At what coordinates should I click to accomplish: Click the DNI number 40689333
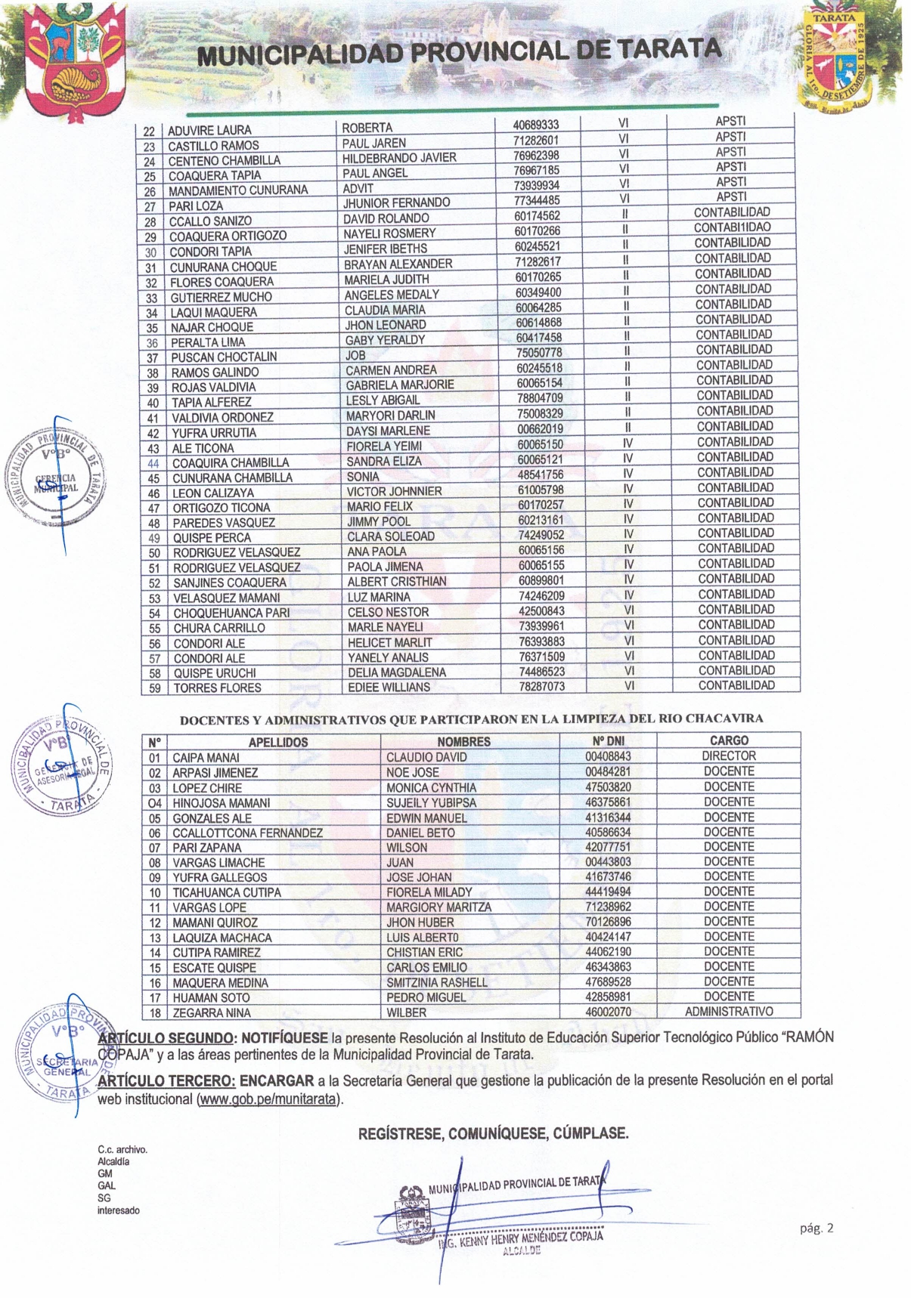(536, 125)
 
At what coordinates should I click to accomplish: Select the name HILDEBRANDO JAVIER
(399, 158)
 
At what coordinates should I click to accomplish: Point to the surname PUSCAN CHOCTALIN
(224, 357)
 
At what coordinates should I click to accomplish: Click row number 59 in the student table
(154, 688)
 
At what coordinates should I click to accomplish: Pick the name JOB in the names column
(355, 355)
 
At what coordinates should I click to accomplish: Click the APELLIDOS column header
(278, 742)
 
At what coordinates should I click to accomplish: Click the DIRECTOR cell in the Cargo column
(729, 756)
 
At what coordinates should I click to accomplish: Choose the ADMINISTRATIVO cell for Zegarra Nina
(729, 1011)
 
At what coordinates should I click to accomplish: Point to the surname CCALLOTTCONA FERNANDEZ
(247, 833)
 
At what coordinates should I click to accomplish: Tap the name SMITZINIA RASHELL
(437, 982)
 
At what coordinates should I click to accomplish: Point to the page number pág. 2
(816, 1228)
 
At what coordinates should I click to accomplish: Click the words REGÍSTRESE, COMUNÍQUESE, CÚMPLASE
(493, 1133)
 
